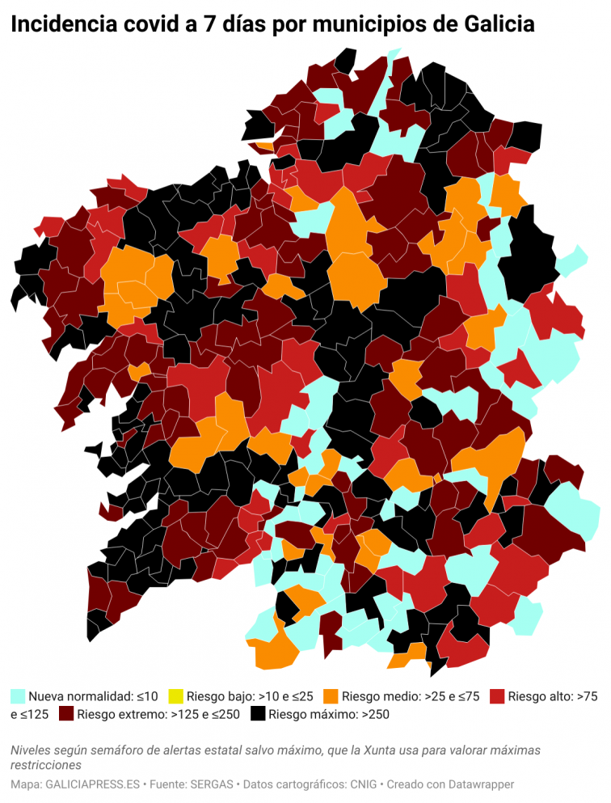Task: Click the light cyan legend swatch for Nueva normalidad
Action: click(x=18, y=695)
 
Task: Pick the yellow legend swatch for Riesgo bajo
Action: click(x=175, y=695)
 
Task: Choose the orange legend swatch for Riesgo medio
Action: click(x=331, y=695)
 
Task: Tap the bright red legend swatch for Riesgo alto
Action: click(x=498, y=695)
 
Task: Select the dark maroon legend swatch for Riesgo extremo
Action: click(x=66, y=714)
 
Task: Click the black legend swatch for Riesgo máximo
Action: click(x=258, y=714)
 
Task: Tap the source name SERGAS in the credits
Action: click(x=212, y=784)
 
